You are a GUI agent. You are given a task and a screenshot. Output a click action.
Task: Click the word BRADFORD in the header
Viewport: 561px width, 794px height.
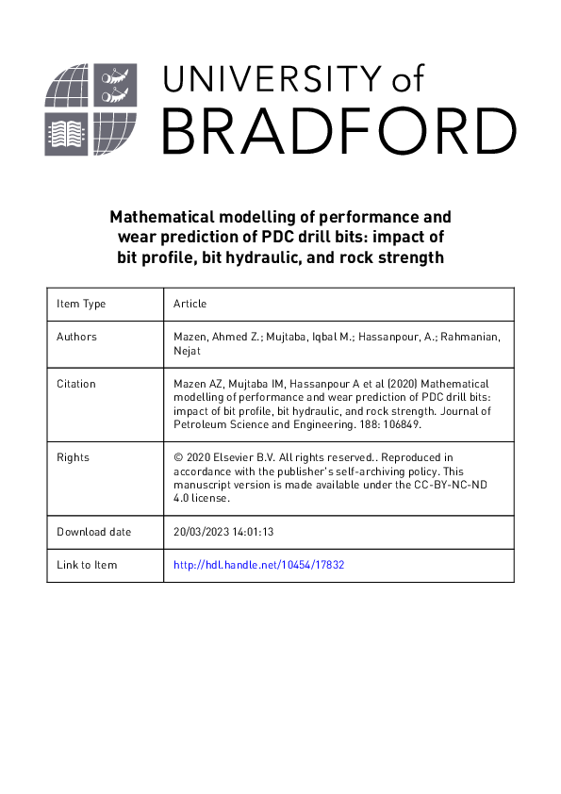click(x=338, y=128)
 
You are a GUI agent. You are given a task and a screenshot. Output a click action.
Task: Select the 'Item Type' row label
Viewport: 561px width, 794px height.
click(x=81, y=304)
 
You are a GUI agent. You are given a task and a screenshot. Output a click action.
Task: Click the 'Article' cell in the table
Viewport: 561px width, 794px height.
click(x=190, y=304)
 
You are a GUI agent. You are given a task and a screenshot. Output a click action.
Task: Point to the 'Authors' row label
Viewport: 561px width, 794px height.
click(x=76, y=337)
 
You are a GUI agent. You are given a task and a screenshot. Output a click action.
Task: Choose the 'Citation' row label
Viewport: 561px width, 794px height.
click(x=76, y=385)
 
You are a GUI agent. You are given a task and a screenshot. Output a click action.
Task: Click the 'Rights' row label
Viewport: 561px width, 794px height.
click(x=73, y=457)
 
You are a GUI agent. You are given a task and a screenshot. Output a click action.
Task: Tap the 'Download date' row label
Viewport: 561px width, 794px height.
click(x=93, y=532)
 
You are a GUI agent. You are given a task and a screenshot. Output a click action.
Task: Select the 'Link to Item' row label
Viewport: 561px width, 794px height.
click(x=87, y=565)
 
